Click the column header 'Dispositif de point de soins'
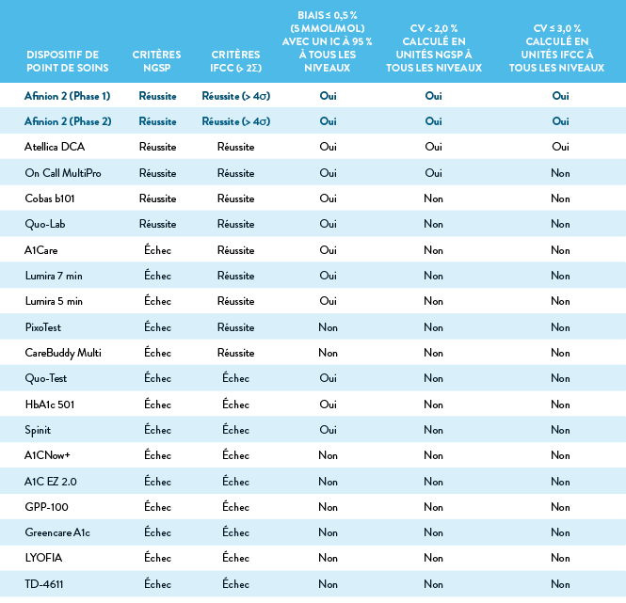[68, 61]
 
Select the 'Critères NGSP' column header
[157, 61]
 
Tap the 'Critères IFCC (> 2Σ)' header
[235, 61]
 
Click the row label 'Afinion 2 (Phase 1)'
[68, 96]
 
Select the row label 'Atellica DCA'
[55, 147]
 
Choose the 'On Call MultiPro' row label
[64, 173]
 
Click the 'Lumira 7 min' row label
[54, 276]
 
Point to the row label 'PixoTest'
[44, 327]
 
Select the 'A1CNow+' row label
[48, 455]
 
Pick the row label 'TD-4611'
[44, 584]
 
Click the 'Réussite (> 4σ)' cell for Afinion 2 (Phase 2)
[235, 121]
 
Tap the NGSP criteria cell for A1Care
[157, 250]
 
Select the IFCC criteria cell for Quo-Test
[235, 378]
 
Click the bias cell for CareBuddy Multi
[328, 353]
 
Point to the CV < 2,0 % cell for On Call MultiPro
[433, 173]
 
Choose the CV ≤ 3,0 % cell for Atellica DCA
[560, 147]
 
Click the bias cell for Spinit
[328, 430]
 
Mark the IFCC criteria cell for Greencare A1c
[235, 532]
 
